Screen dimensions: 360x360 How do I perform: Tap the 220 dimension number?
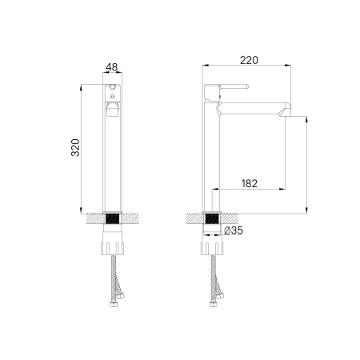pyautogui.click(x=249, y=59)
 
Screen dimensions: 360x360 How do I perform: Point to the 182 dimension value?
pyautogui.click(x=249, y=183)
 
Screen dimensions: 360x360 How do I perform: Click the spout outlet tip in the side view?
pyautogui.click(x=283, y=111)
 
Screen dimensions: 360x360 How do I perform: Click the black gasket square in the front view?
pyautogui.click(x=114, y=217)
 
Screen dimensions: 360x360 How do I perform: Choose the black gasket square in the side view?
pyautogui.click(x=214, y=217)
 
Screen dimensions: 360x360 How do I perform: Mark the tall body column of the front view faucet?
pyautogui.click(x=114, y=160)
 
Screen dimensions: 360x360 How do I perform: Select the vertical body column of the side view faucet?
pyautogui.click(x=214, y=160)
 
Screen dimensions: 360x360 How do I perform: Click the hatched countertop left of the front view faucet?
pyautogui.click(x=94, y=216)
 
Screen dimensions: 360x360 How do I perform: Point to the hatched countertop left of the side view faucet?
pyautogui.click(x=194, y=216)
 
